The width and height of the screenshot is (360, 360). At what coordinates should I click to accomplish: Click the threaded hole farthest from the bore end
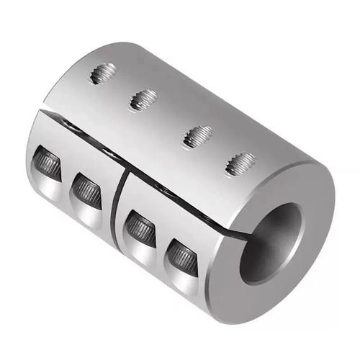tap(103, 73)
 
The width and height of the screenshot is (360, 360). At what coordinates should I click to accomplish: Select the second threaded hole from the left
tap(144, 99)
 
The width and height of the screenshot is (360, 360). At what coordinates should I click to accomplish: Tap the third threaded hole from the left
tap(196, 135)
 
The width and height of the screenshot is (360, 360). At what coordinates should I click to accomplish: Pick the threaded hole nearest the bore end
tap(239, 164)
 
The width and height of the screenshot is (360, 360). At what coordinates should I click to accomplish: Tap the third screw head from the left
tap(138, 229)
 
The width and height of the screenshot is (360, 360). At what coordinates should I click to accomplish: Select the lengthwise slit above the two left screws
tap(79, 140)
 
